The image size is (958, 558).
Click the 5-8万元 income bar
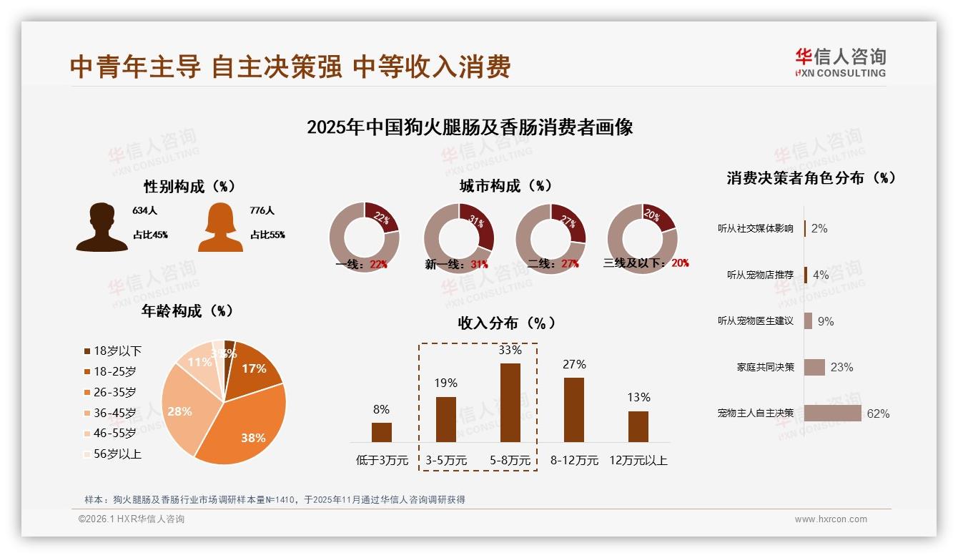click(510, 402)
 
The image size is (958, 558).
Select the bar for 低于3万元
click(382, 432)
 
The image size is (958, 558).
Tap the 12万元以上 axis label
click(638, 461)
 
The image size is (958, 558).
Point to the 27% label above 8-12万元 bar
click(574, 365)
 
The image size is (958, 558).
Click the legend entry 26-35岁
click(114, 392)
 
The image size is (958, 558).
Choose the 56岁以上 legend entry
click(117, 454)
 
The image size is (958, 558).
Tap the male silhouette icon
click(102, 227)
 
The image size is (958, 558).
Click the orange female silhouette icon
click(220, 227)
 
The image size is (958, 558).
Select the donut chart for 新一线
click(458, 238)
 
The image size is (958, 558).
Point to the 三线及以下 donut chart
click(641, 238)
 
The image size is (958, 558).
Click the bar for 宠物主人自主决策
click(833, 413)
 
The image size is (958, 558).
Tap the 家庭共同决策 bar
click(814, 367)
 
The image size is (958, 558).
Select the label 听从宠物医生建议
click(756, 321)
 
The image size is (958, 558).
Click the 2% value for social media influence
click(819, 229)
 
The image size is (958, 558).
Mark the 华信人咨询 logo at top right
click(840, 63)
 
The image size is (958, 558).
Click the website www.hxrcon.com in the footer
click(831, 519)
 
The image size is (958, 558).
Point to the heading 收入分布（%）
click(507, 323)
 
